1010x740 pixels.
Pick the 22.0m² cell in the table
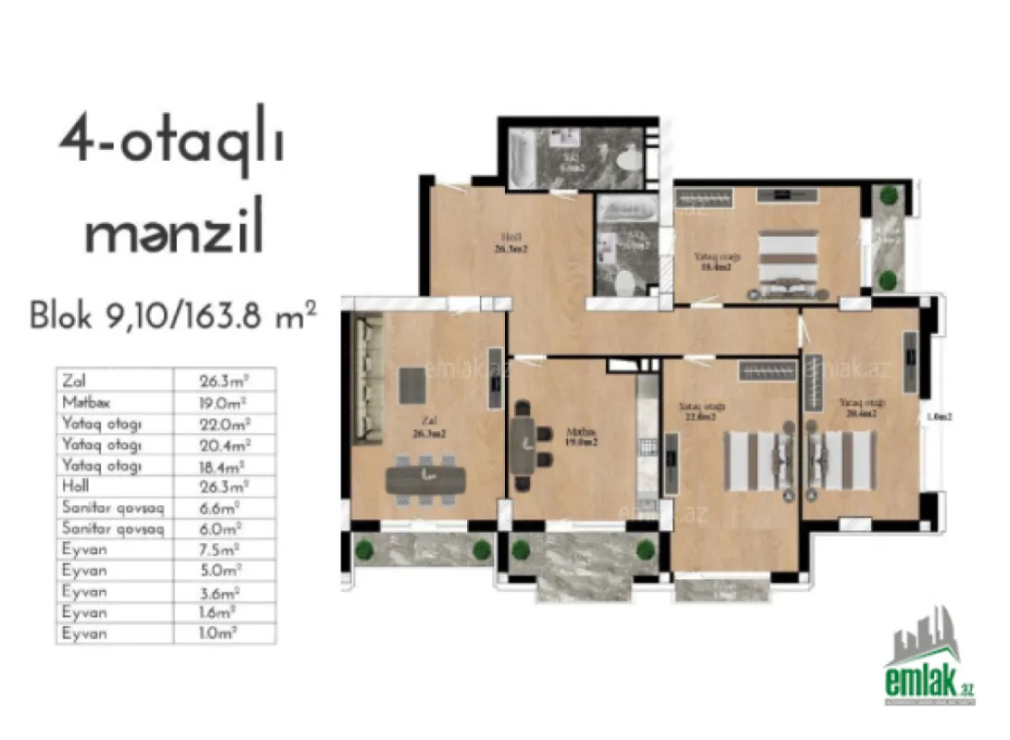pos(224,424)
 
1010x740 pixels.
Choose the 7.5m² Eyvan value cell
pos(222,549)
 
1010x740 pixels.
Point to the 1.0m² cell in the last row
pos(222,634)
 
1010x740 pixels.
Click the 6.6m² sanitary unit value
pos(222,508)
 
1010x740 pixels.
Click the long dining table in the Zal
pos(425,477)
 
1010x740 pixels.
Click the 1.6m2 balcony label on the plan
pos(940,417)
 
